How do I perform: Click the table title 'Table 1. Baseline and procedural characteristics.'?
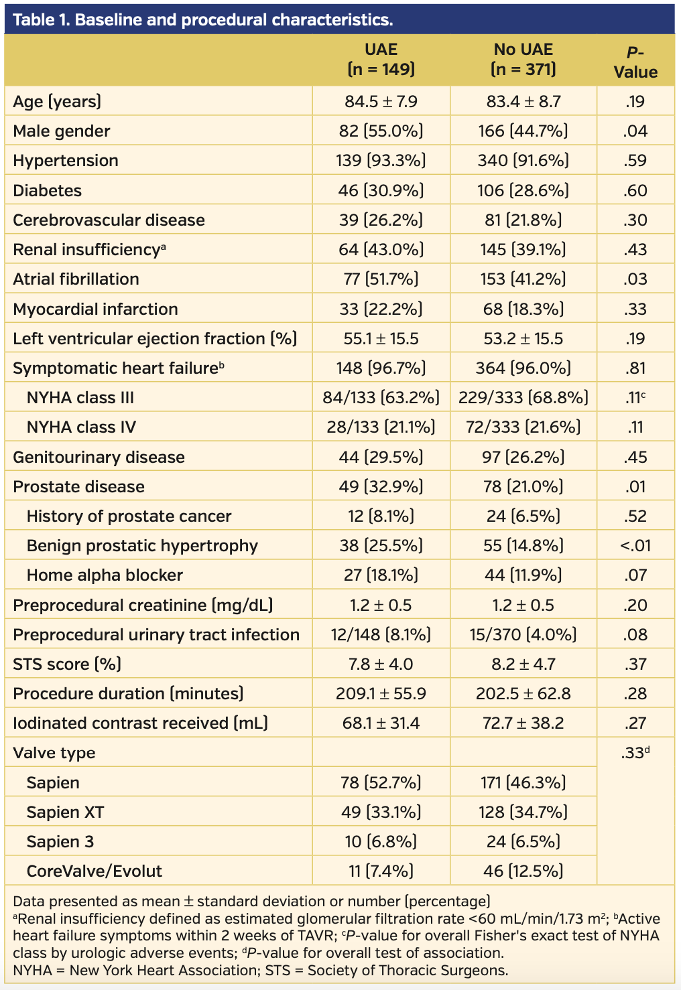click(x=203, y=20)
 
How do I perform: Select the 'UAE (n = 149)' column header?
click(x=381, y=59)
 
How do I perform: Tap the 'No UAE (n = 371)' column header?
click(x=523, y=59)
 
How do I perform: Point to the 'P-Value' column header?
click(x=635, y=62)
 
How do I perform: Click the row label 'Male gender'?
click(x=62, y=131)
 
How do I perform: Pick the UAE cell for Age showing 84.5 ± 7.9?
click(x=381, y=102)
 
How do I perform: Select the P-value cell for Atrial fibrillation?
click(x=635, y=279)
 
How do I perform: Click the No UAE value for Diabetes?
click(x=523, y=190)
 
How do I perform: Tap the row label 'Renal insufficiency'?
click(x=89, y=250)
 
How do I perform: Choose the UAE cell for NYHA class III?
click(x=381, y=398)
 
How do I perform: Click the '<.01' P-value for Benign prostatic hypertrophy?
click(x=635, y=546)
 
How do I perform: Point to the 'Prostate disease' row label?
click(x=78, y=486)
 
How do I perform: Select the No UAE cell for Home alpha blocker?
click(x=523, y=575)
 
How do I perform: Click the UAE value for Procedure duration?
click(x=381, y=694)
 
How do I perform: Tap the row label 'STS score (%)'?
click(x=67, y=664)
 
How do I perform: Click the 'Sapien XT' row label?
click(x=66, y=812)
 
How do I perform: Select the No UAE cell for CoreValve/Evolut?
click(x=523, y=871)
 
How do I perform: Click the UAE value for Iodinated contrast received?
click(x=381, y=723)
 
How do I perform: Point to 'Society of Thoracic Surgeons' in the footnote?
click(x=407, y=971)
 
